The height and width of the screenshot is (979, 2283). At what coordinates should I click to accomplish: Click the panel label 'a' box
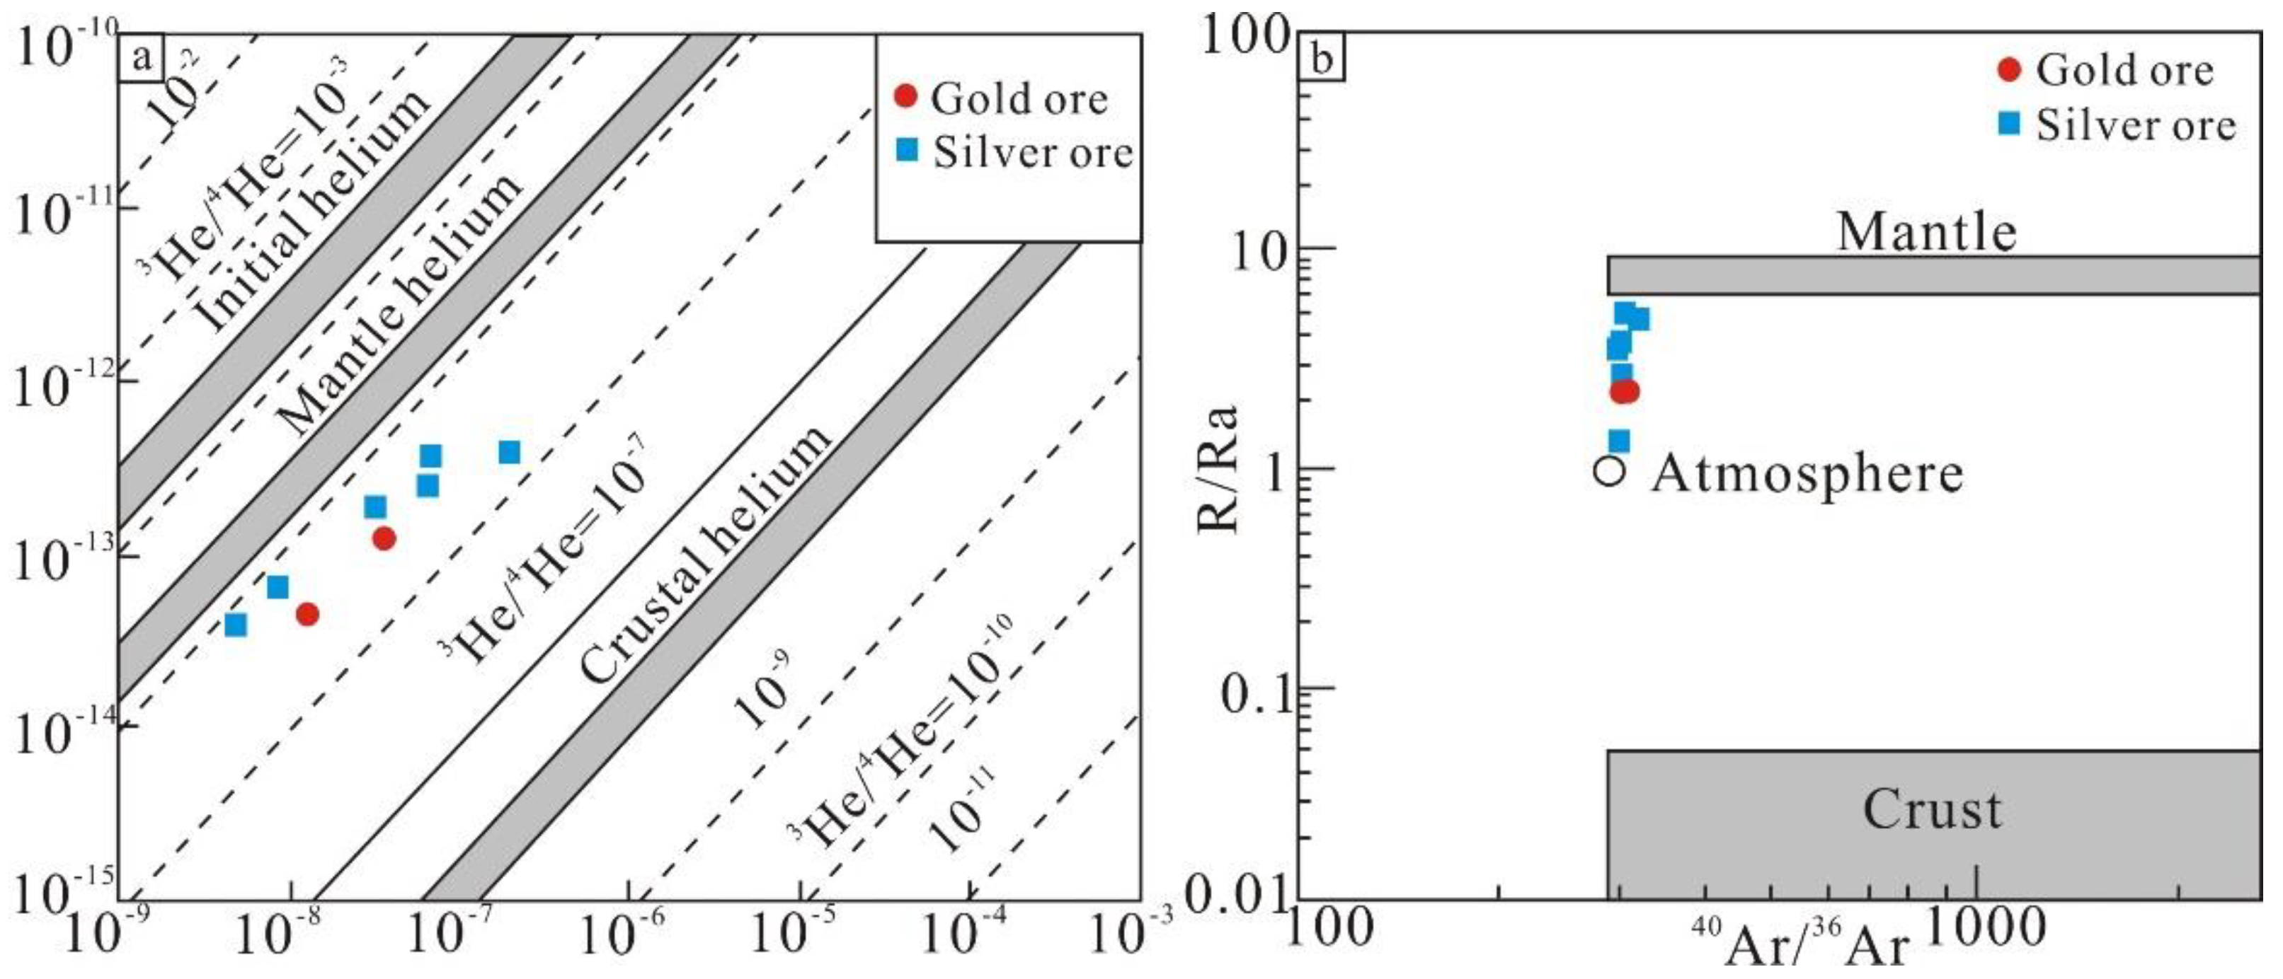tap(139, 59)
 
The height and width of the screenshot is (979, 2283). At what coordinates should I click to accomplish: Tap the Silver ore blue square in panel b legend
tap(2010, 123)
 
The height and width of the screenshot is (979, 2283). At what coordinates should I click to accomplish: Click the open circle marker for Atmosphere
tap(1610, 470)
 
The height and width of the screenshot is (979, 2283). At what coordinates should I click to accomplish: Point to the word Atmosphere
tap(1807, 473)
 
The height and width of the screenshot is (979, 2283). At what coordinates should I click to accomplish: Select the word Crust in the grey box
tap(1932, 809)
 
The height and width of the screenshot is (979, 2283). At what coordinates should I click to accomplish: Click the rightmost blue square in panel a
tap(509, 452)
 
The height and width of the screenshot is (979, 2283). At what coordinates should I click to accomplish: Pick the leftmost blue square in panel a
tap(236, 625)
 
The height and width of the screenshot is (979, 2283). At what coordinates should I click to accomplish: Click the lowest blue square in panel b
tap(1618, 440)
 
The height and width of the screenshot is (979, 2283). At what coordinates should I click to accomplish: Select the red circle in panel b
tap(1624, 390)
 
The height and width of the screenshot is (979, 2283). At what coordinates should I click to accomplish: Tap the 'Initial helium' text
tap(310, 213)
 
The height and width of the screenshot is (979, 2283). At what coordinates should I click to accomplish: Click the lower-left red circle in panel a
tap(307, 614)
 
